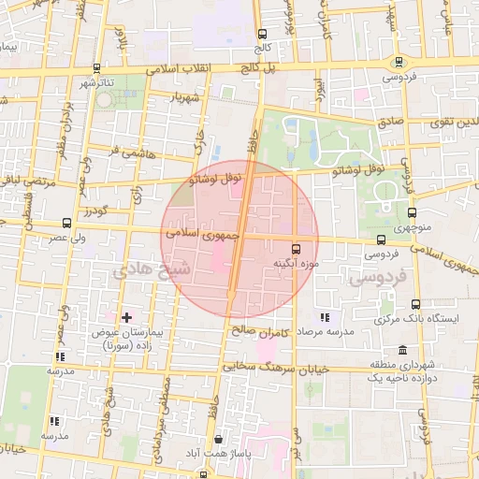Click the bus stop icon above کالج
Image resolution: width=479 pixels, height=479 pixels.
[x=261, y=34]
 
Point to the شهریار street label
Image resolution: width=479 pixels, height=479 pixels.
[x=183, y=96]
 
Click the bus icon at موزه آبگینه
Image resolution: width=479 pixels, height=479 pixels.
[x=297, y=249]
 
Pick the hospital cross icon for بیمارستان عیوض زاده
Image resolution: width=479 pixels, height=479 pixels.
[x=127, y=317]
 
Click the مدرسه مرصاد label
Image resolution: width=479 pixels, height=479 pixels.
[x=326, y=332]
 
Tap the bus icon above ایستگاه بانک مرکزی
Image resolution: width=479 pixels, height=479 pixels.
[x=415, y=304]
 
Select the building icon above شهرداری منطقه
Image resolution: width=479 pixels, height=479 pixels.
[x=402, y=350]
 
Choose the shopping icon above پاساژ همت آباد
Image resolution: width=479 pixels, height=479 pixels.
[x=218, y=438]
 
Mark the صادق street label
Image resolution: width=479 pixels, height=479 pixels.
[x=391, y=121]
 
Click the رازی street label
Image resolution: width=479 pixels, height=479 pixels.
[x=137, y=195]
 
